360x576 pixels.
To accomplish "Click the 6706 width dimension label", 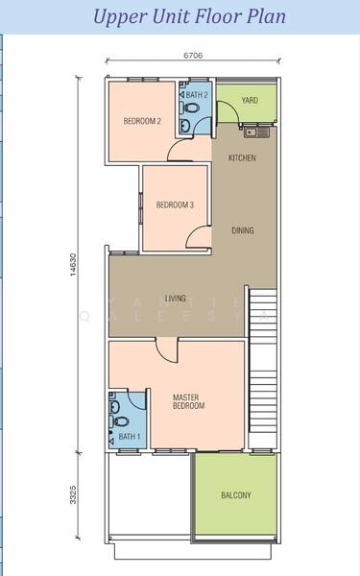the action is point(193,56).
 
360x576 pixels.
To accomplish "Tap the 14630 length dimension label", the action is point(74,265).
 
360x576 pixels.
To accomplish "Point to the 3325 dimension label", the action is point(74,494).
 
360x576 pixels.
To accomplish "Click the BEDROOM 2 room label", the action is point(142,121).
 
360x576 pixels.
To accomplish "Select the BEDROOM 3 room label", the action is point(175,204).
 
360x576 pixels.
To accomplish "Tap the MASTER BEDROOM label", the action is point(188,401).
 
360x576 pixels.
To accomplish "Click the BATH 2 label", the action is point(197,95).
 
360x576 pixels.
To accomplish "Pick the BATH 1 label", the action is point(130,437).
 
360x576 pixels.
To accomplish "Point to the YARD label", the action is point(250,100).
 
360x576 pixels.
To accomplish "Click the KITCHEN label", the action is point(242,158).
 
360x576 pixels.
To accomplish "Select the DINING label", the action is point(243,230).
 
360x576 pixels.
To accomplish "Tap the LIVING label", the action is point(176,299).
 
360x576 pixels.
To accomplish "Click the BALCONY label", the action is point(236,495).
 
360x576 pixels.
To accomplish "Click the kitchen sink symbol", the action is point(256,132).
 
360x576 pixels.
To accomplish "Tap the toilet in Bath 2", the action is point(189,108).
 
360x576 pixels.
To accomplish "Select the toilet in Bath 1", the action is point(119,421).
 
